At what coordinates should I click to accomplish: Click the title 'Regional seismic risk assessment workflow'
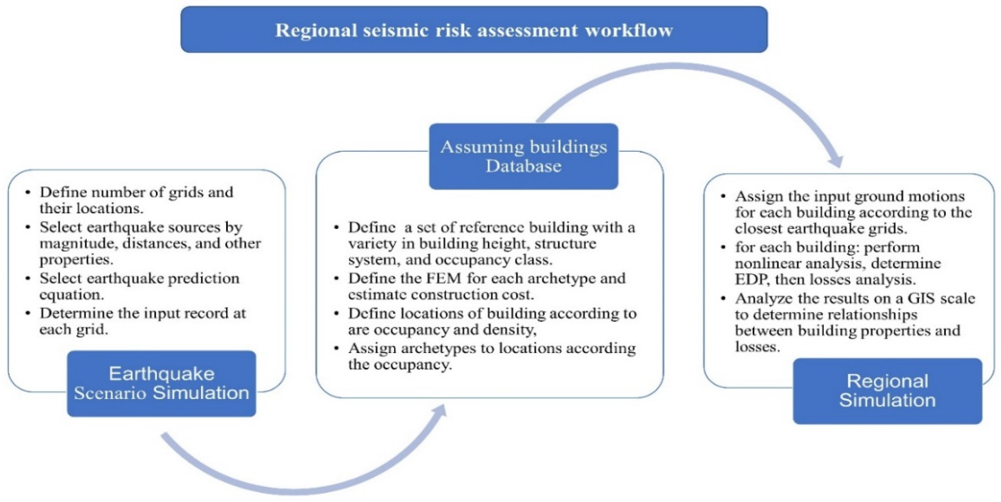tap(474, 30)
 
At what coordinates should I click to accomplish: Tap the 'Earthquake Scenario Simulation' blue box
tap(161, 383)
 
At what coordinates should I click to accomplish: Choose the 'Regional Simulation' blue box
tap(887, 391)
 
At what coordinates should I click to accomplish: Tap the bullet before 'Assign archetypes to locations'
tap(336, 348)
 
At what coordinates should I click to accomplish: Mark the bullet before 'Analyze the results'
tap(723, 299)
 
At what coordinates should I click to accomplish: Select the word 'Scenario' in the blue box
tap(110, 393)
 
